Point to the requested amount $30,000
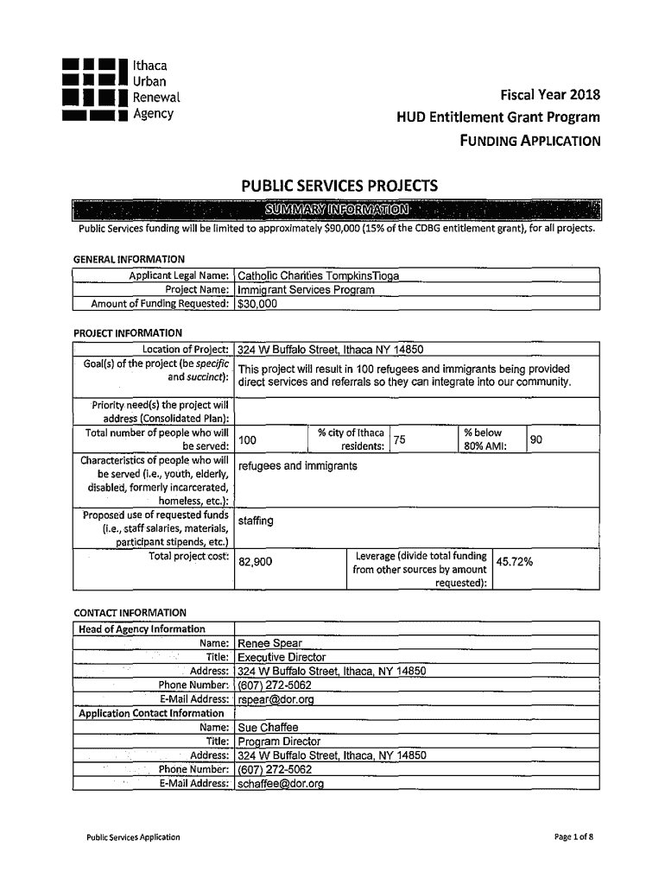point(257,303)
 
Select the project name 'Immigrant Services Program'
point(306,289)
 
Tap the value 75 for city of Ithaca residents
point(400,439)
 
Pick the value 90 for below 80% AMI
point(536,439)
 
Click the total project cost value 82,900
point(256,562)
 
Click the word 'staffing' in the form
point(256,521)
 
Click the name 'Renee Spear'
point(269,643)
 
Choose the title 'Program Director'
point(279,741)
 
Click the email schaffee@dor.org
point(281,784)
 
